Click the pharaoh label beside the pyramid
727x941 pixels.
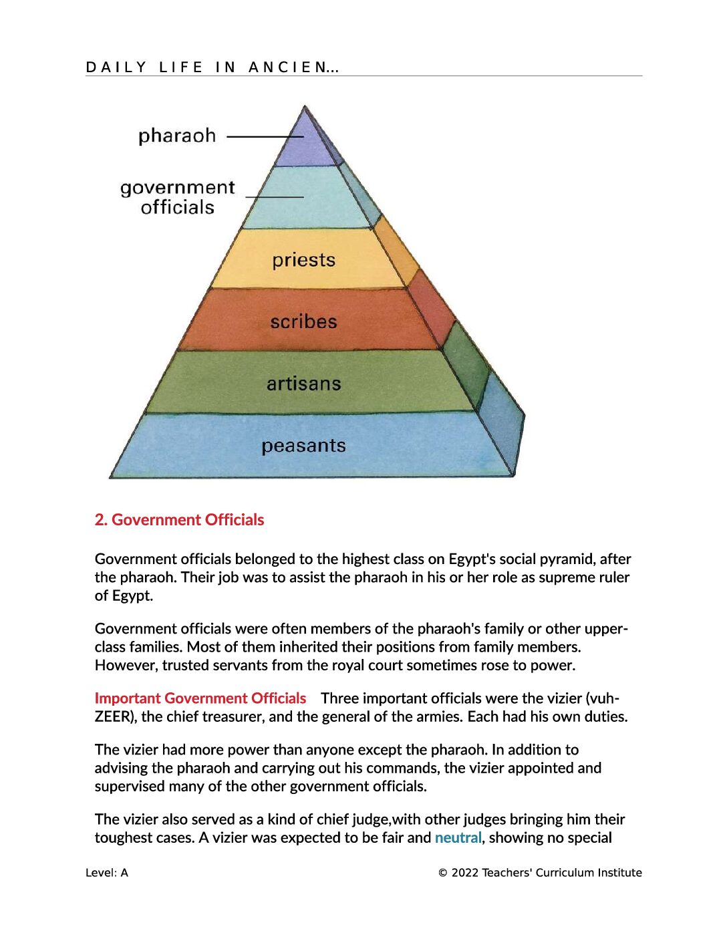point(176,136)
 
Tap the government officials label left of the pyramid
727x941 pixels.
point(178,197)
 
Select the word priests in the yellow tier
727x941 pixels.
point(303,261)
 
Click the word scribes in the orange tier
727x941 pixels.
point(303,321)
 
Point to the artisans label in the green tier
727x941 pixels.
point(303,384)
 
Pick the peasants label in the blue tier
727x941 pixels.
point(303,446)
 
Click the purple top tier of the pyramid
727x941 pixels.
point(306,145)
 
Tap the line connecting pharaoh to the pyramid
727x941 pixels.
point(265,137)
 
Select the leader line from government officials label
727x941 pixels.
point(275,197)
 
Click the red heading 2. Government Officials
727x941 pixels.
point(179,520)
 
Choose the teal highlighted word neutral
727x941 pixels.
point(458,837)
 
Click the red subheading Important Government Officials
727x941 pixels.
point(200,698)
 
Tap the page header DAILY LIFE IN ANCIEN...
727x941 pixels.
point(212,67)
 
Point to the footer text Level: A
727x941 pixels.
point(107,873)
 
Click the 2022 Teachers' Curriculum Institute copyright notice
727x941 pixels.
point(540,873)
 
